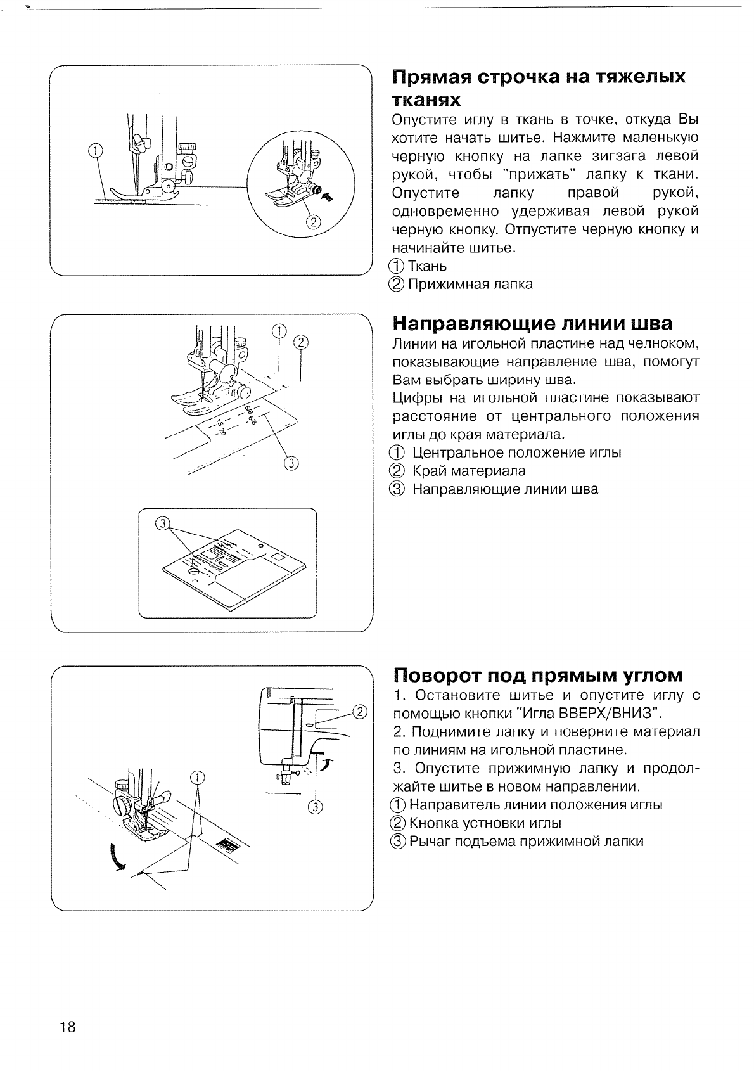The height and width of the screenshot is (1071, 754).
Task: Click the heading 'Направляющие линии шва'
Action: coord(532,323)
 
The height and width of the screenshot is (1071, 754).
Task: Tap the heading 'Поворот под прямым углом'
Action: coord(539,674)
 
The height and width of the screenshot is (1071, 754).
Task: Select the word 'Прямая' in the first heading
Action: coord(430,78)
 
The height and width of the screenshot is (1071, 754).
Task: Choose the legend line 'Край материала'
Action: coord(468,471)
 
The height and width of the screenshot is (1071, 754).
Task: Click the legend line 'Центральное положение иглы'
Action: coord(516,452)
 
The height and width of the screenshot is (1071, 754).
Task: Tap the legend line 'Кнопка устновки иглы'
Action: coord(485,823)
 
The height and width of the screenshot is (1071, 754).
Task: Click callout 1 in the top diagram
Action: coord(94,151)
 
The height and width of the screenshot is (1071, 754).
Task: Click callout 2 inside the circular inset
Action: coord(312,222)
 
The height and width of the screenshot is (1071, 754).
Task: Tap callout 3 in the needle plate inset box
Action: coord(163,523)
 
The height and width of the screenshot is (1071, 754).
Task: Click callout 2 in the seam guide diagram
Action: coord(300,343)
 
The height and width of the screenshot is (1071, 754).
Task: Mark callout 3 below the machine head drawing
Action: coord(316,807)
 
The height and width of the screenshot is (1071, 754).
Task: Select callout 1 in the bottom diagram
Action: coord(198,778)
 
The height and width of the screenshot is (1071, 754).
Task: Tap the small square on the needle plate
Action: coord(277,556)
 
